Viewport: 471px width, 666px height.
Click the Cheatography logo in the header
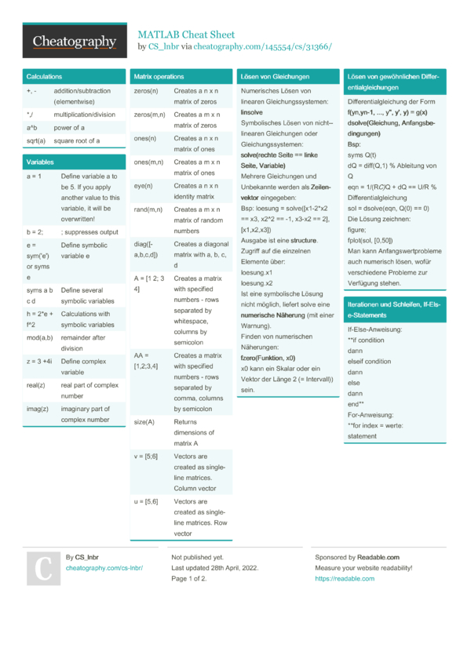75,42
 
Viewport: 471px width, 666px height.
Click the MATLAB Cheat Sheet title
186,35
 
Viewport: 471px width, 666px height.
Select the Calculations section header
44,77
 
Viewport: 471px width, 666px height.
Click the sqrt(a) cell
36,141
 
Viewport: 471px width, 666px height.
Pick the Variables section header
40,162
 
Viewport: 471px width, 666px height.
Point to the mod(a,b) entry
39,338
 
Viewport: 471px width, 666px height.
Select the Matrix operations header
159,77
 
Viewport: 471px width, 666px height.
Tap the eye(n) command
143,186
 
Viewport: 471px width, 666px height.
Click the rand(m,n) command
148,209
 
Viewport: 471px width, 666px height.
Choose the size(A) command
144,421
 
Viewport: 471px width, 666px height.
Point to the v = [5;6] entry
146,456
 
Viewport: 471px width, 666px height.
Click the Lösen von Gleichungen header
276,77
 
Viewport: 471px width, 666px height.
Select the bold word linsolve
251,113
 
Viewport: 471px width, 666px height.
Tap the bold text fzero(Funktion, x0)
268,358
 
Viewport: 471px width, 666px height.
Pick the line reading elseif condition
369,362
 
